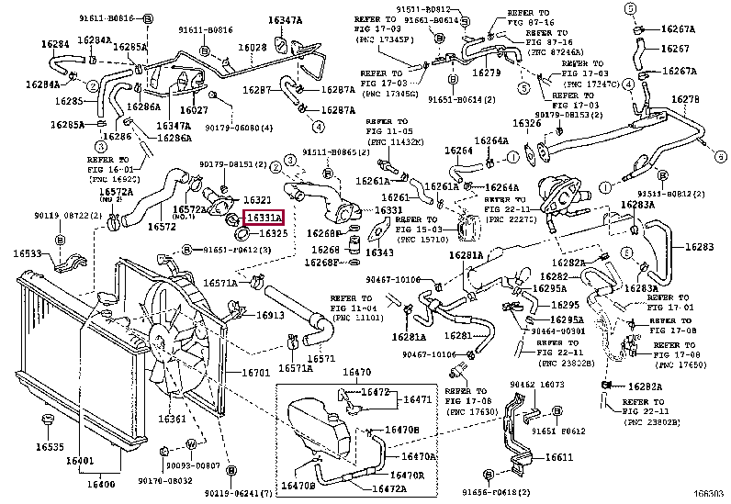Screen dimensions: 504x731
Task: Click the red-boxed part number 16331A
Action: (x=263, y=218)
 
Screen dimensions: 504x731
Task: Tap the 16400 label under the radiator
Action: (x=101, y=484)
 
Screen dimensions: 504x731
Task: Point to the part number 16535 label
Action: (x=50, y=448)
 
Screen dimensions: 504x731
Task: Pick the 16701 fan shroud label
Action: (x=255, y=373)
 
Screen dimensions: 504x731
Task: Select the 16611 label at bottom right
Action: (x=558, y=458)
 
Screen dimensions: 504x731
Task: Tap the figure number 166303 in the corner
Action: (x=710, y=495)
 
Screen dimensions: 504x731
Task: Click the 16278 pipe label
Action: (x=685, y=99)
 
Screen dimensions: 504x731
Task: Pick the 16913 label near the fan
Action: (x=269, y=315)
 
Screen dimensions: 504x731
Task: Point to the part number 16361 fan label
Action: (x=172, y=420)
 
